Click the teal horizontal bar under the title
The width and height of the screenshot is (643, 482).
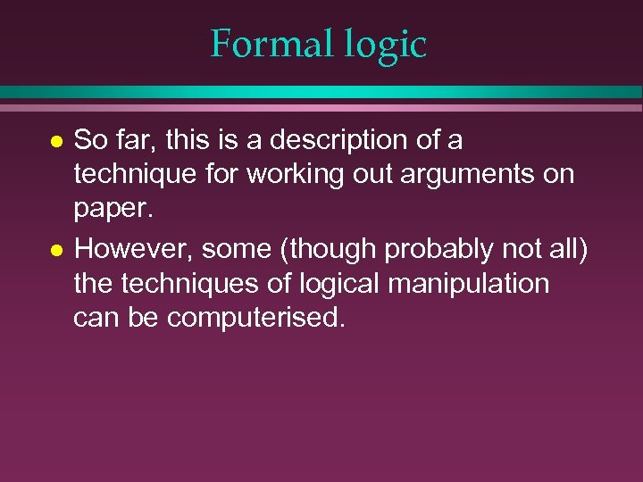321,92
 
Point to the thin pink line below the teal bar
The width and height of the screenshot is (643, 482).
321,108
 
